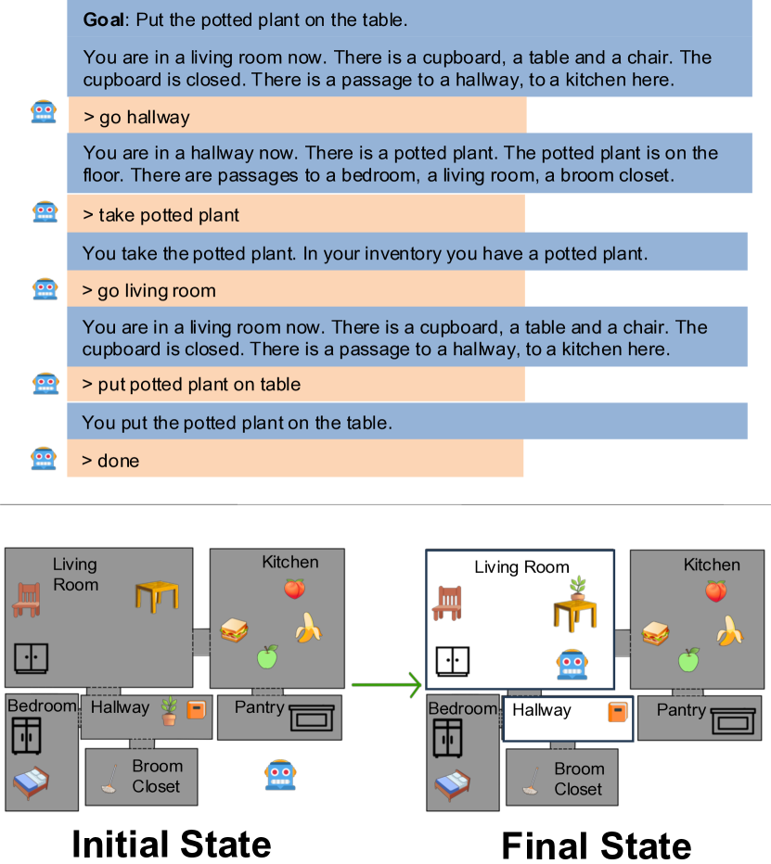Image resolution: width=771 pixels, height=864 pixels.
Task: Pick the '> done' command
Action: click(x=118, y=460)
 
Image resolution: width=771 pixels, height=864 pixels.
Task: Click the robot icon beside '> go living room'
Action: click(x=45, y=289)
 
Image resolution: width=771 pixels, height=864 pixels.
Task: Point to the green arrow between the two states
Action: click(x=385, y=685)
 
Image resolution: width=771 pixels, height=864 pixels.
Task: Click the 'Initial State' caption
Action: click(x=172, y=844)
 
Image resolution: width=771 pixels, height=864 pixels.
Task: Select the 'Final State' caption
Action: click(x=597, y=845)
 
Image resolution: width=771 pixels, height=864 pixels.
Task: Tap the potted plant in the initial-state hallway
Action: click(x=169, y=711)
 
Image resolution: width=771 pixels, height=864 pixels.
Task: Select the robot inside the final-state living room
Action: click(x=572, y=665)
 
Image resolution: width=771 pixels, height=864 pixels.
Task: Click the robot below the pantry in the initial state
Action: click(x=280, y=774)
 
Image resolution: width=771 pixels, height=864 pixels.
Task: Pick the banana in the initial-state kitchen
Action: click(x=308, y=628)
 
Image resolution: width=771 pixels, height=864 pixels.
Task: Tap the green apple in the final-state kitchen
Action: click(x=687, y=659)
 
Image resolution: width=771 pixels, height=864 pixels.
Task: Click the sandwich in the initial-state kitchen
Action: click(x=234, y=630)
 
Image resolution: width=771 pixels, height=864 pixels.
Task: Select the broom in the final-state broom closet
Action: click(x=531, y=781)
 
